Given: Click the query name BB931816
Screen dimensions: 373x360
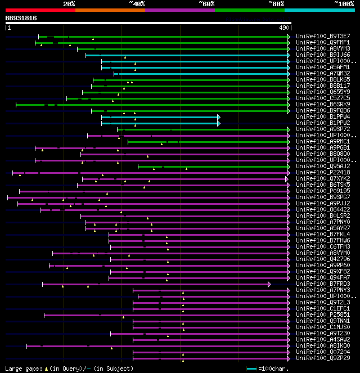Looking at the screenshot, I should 21,18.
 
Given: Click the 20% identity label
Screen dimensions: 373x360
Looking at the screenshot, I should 69,4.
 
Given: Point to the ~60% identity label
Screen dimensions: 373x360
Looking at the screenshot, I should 206,4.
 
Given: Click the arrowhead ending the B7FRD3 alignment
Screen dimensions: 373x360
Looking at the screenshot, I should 269,284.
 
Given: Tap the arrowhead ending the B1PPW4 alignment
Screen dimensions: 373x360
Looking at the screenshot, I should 218,117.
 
